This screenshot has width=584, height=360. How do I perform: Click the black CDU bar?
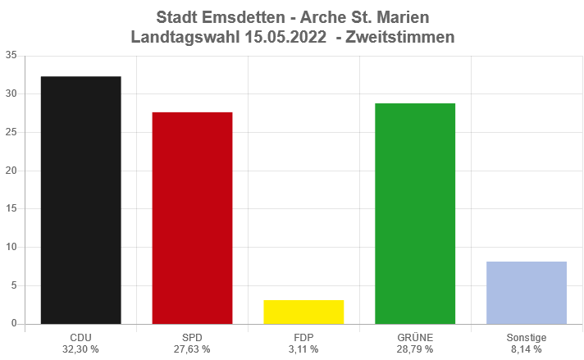point(80,200)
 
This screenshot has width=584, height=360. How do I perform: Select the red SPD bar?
point(192,218)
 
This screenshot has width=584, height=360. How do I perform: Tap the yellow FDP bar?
point(303,312)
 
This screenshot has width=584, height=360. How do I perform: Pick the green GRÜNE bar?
point(415,213)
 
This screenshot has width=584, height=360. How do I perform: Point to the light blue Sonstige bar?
point(527,293)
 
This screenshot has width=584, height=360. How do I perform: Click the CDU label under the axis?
point(80,337)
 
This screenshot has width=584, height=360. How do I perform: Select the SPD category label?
point(192,337)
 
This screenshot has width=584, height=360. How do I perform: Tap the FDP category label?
point(303,337)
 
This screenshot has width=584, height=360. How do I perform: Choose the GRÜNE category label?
point(415,337)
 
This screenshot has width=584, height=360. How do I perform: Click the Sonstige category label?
point(527,337)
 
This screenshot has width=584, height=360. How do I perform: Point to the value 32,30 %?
point(80,349)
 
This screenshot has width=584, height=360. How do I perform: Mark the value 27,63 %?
point(192,349)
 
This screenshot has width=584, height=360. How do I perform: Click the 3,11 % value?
point(303,349)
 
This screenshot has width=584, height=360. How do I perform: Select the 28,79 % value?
point(415,349)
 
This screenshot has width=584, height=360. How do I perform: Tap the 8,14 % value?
point(527,349)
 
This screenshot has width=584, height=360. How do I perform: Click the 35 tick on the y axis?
point(11,56)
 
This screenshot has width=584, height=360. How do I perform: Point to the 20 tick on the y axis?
point(11,171)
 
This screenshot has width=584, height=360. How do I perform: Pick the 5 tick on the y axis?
point(14,285)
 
